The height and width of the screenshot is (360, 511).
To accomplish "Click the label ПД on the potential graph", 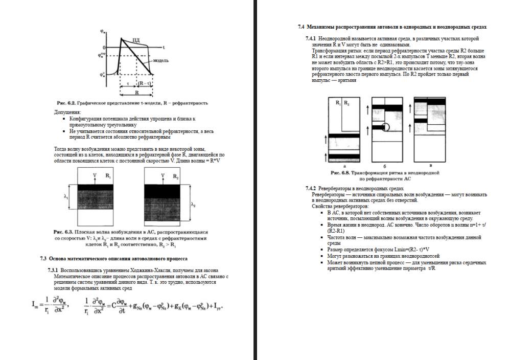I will (135, 39).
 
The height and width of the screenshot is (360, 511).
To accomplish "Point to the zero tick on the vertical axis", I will (104, 47).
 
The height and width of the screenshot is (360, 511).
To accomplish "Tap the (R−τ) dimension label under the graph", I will (145, 83).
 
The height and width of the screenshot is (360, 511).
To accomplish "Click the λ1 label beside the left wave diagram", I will (66, 197).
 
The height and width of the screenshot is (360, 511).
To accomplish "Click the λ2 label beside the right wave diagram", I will (193, 205).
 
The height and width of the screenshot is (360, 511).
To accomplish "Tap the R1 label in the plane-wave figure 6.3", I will (108, 175).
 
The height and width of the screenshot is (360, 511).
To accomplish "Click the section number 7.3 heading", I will (43, 259).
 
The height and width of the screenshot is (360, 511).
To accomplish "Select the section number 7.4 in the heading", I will (301, 26).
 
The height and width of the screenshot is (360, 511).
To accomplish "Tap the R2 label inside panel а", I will (347, 103).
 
